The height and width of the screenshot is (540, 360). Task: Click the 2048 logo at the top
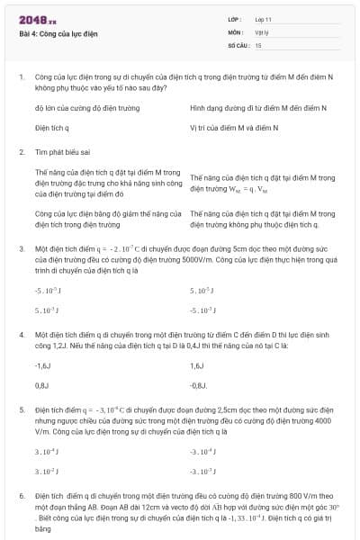(37, 19)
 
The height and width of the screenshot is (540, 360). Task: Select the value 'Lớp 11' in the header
(263, 19)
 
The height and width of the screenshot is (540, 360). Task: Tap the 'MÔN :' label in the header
(237, 31)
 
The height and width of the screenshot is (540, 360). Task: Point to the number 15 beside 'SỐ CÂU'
(258, 44)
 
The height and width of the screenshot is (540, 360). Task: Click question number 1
(22, 79)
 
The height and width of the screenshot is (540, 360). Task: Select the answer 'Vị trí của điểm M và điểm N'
(234, 128)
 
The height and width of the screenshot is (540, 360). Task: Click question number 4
(22, 334)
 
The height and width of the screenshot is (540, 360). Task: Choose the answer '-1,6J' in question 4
(42, 365)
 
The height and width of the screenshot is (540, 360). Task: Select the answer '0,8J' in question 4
(41, 385)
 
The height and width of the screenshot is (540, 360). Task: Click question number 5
(22, 409)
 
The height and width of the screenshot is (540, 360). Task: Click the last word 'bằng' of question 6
(42, 529)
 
